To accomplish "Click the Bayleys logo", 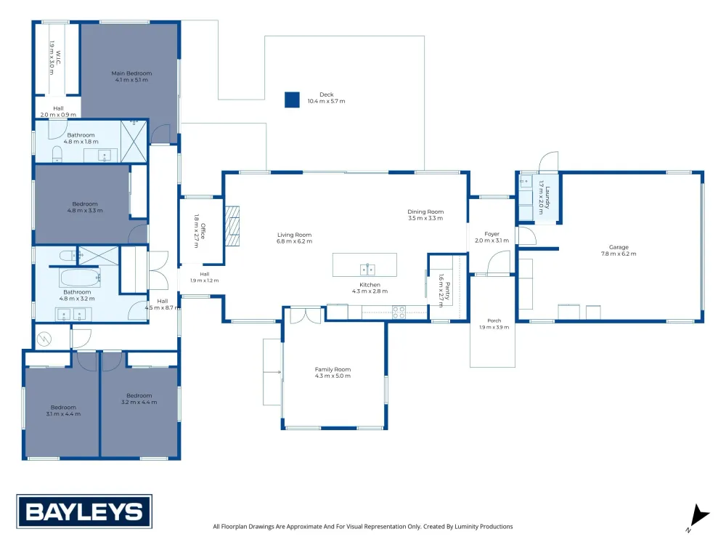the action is coord(84,512).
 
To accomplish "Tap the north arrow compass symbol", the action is coord(698,517).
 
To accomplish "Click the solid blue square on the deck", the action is coord(292,100).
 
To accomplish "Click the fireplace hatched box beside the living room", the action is coord(232,226).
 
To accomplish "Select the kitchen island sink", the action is coord(367,270).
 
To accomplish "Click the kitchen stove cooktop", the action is coord(399,312).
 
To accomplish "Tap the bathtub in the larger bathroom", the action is coord(80,278).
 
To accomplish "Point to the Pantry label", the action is coord(444,291).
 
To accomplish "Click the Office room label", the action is coord(200,231).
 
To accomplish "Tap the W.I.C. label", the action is coord(55,58).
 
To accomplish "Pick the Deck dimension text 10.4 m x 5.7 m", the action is coord(327,101).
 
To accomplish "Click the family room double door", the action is coord(306,315).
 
